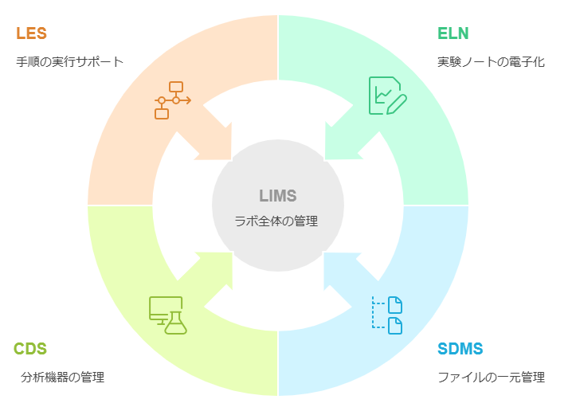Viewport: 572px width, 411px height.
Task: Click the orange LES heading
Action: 31,33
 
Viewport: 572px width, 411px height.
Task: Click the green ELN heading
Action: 453,33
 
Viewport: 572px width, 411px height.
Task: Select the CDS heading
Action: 30,349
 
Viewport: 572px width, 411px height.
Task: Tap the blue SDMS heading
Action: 460,349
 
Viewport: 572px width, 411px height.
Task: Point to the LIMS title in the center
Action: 277,196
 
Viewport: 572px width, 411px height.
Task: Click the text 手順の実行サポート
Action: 70,61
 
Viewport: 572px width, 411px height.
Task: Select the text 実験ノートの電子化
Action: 491,61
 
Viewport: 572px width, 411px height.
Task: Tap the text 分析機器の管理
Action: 62,377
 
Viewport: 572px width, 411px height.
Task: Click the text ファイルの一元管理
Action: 491,377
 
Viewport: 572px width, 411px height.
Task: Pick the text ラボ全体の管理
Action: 276,221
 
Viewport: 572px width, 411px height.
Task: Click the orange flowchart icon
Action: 172,100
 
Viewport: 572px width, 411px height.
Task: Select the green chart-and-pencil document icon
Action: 387,96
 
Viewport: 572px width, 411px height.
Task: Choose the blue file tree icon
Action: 388,315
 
